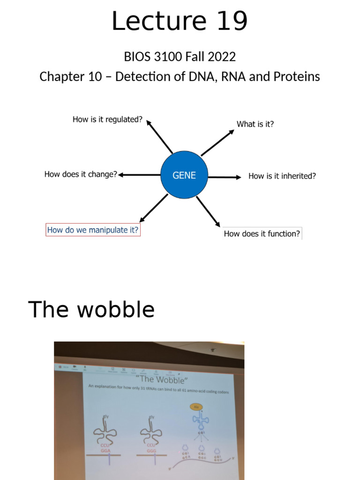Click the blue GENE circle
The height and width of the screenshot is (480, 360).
point(184,175)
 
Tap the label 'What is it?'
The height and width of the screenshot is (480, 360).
point(255,124)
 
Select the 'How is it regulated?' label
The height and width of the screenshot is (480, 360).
point(107,120)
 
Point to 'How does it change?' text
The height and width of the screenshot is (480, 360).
point(80,174)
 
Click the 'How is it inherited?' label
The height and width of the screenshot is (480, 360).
point(282,176)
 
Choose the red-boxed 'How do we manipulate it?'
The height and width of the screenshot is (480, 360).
point(93,230)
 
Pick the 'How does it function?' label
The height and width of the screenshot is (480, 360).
point(262,233)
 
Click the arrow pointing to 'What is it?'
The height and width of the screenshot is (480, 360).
point(217,142)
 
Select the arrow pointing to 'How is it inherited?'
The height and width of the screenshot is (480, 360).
point(224,177)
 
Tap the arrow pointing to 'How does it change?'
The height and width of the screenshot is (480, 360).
point(139,175)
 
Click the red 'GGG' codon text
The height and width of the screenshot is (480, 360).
point(151,450)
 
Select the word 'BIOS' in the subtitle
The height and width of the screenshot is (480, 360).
point(135,57)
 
